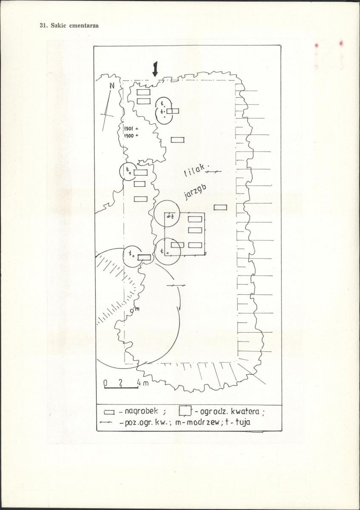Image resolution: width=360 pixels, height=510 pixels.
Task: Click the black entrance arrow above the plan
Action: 155,68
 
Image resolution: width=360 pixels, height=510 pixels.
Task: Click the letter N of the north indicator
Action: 112,86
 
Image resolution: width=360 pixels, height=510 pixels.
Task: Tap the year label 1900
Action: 129,136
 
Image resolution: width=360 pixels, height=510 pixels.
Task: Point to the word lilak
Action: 195,170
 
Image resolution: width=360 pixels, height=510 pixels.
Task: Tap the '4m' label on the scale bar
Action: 143,383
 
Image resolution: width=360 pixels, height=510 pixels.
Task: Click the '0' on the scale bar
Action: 105,383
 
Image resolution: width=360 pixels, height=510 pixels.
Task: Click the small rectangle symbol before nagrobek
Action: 109,413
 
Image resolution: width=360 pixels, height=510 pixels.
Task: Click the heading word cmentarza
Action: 84,26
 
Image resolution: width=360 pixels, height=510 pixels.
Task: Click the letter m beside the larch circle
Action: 137,309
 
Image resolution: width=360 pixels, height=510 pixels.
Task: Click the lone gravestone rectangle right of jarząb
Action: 220,207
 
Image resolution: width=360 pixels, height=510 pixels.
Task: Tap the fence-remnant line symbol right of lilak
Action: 213,171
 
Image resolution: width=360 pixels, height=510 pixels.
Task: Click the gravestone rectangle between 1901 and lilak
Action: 178,140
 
